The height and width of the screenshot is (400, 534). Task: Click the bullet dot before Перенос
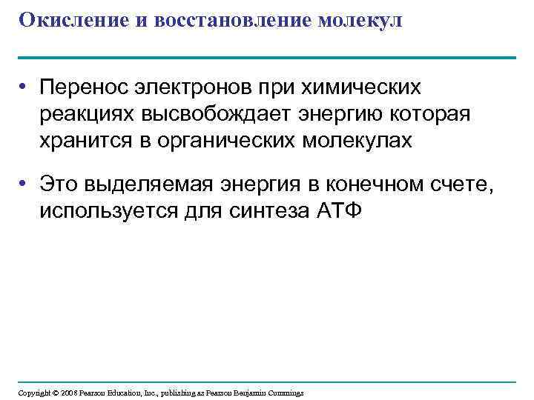24,88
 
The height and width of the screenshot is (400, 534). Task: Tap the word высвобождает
214,114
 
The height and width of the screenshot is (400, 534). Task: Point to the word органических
226,141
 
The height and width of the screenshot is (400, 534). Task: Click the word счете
464,183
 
